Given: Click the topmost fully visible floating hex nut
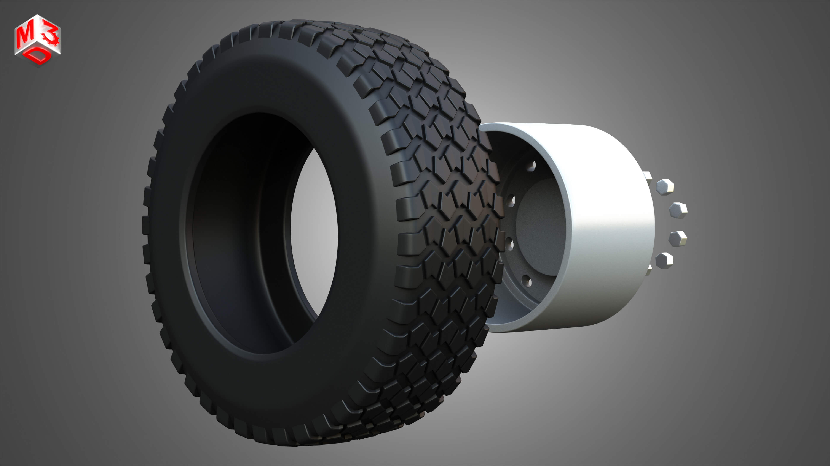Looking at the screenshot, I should (665, 187).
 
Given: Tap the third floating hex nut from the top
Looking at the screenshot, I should (678, 239).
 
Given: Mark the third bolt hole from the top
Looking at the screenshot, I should (510, 245).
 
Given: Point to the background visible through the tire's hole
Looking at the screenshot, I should (314, 232).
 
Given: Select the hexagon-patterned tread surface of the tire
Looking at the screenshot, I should (451, 209).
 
